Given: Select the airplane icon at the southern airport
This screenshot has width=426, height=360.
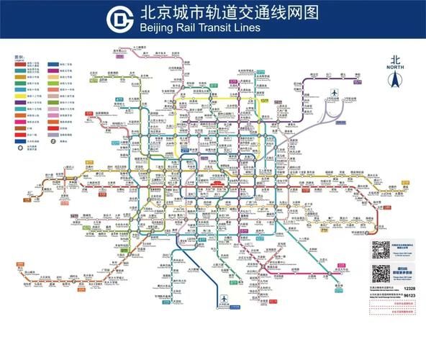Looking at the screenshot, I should point(224,299).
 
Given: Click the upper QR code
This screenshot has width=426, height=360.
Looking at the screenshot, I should point(381,249).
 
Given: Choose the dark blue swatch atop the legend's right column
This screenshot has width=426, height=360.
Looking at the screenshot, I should point(53,63).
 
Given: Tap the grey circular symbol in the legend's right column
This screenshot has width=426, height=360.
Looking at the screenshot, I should point(53,141).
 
